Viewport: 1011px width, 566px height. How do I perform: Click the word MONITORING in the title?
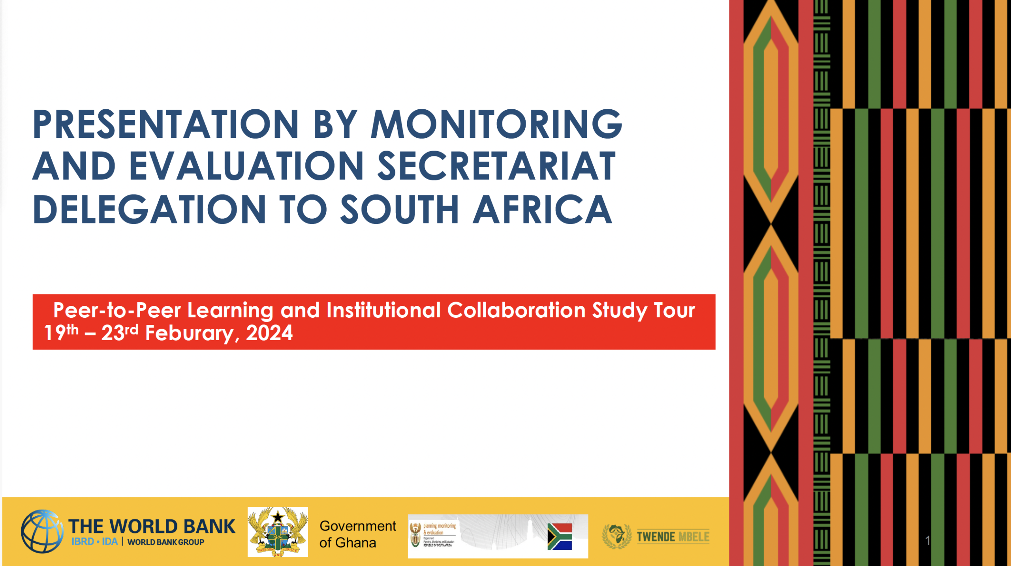(496, 124)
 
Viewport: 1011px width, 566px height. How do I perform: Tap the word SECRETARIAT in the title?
(496, 167)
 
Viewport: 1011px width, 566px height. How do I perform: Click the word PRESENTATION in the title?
(165, 124)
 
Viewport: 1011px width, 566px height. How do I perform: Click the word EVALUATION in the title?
(246, 167)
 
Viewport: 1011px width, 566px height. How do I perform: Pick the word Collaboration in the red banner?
(516, 310)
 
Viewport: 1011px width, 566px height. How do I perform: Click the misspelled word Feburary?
(190, 333)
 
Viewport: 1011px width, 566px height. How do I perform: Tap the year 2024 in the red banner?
(269, 333)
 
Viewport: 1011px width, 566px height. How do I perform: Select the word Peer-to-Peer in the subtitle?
(117, 310)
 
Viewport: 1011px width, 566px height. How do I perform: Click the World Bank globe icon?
(42, 531)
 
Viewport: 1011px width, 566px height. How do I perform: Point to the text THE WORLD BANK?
(152, 526)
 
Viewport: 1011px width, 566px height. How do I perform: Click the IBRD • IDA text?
(95, 542)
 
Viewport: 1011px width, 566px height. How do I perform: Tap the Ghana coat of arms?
(278, 532)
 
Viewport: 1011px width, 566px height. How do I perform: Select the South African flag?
(560, 537)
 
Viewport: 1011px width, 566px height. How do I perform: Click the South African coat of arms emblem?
(415, 535)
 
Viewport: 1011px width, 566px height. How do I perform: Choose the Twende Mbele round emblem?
(616, 536)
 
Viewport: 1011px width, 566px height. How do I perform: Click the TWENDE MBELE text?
(673, 537)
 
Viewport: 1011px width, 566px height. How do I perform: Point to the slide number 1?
(928, 540)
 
